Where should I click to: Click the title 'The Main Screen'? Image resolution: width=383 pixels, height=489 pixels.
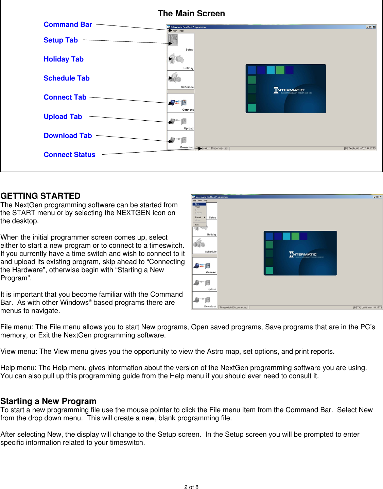pos(191,14)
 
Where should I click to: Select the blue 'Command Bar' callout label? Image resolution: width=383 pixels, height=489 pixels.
pos(68,24)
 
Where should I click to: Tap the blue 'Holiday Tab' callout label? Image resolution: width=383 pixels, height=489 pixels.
pos(64,59)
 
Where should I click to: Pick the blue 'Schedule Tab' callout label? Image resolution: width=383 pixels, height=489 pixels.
pos(67,78)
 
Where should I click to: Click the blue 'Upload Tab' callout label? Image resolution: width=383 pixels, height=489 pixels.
pos(63,117)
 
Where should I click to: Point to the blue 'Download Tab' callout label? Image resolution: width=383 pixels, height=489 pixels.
pos(68,136)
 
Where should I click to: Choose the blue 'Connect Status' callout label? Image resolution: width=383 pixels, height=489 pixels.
pos(69,155)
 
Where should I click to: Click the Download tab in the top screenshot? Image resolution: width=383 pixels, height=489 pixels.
pos(180,141)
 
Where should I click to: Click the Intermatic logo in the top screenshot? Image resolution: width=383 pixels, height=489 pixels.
pos(289,90)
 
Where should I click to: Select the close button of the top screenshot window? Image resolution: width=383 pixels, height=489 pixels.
pos(374,27)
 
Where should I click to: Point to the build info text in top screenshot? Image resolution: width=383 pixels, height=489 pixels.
pos(360,148)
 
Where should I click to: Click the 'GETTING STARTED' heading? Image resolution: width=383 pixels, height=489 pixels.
pos(40,196)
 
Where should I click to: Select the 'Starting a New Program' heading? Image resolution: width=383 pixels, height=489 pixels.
pos(48,401)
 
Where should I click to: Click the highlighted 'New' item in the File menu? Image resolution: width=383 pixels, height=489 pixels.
pos(197,204)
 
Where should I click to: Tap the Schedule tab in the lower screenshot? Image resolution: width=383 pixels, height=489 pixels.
pos(205,245)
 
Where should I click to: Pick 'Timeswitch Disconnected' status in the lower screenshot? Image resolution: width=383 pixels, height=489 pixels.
pos(233,307)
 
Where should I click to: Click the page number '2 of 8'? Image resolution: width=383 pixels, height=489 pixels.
pos(191,487)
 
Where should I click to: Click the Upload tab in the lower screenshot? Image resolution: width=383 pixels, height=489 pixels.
pos(205,283)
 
